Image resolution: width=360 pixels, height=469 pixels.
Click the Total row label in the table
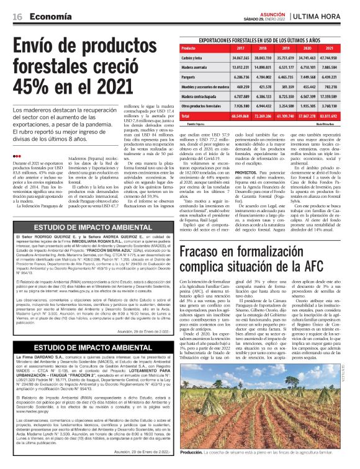185,116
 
